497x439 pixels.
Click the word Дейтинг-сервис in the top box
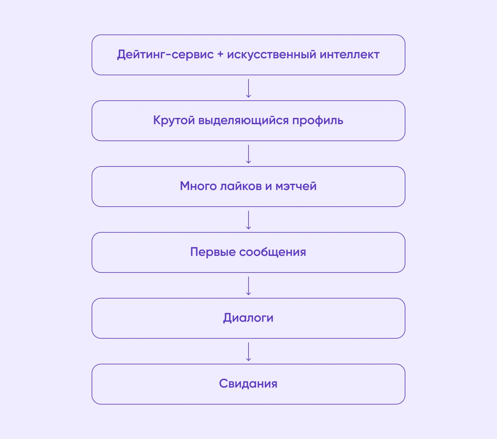coord(165,55)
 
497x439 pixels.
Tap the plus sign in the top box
coord(220,55)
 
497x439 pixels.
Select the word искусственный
coord(271,55)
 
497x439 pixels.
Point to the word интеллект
coord(350,55)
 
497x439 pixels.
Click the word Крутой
coord(174,121)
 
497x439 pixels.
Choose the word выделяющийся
coord(243,121)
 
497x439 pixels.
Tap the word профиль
coord(318,121)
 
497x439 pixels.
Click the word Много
coord(198,186)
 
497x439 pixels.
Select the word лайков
coord(241,186)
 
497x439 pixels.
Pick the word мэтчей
coord(296,186)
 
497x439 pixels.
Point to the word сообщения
coord(272,252)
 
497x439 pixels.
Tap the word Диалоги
coord(248,318)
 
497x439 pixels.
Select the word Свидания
coord(248,384)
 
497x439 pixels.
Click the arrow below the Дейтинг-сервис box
coord(248,88)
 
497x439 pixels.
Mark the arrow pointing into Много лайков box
coord(248,154)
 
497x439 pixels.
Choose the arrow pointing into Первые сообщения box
coord(248,220)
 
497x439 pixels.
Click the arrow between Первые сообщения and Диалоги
coord(248,286)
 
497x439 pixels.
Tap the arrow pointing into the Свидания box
coord(248,352)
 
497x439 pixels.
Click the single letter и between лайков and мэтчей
coord(268,187)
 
